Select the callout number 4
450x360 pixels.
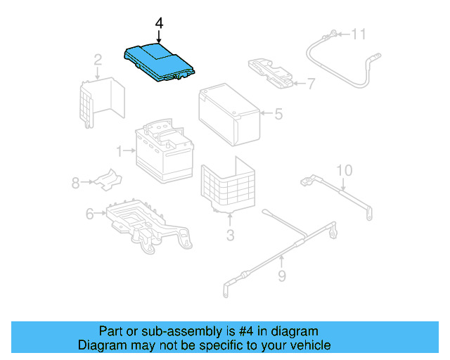(x=159, y=24)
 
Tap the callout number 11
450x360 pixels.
(x=359, y=33)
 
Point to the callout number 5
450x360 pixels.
(x=278, y=113)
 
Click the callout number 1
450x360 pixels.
(x=120, y=150)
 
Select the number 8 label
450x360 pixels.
(x=75, y=183)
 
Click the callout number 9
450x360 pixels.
(x=281, y=276)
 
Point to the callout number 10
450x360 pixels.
(x=343, y=170)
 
